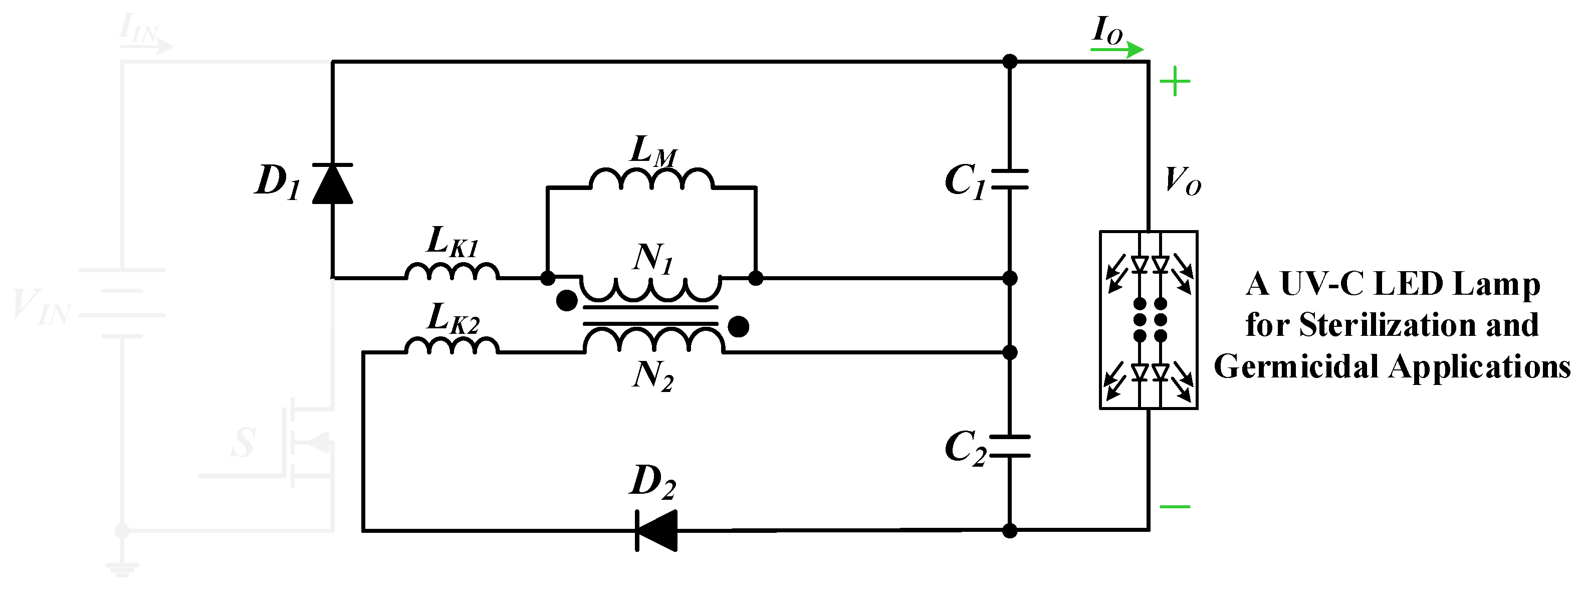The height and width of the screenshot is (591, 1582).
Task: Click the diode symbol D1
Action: click(x=332, y=183)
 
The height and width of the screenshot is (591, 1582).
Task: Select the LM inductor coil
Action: click(x=651, y=179)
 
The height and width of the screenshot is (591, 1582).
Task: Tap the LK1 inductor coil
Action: click(x=451, y=272)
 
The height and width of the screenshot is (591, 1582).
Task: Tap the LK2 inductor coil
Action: click(x=451, y=346)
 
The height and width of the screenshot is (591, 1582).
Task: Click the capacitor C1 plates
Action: click(x=1009, y=179)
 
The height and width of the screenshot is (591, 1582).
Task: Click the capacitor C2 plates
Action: click(x=1009, y=447)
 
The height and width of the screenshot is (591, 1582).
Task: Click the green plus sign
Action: click(x=1174, y=81)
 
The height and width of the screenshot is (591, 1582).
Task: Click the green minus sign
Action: click(x=1174, y=507)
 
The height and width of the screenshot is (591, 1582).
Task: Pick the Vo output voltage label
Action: click(x=1182, y=181)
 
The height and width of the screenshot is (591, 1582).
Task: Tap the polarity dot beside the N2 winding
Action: click(x=738, y=326)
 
